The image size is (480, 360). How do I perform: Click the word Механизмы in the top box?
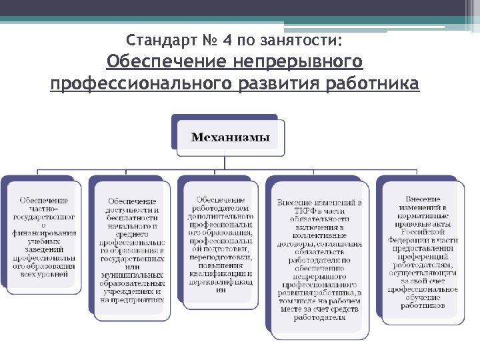tap(230, 138)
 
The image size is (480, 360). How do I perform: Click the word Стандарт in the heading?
tap(157, 41)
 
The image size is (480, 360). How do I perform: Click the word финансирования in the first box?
tap(43, 234)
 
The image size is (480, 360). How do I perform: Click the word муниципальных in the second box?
tap(132, 275)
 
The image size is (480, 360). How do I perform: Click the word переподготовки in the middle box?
tap(220, 257)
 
